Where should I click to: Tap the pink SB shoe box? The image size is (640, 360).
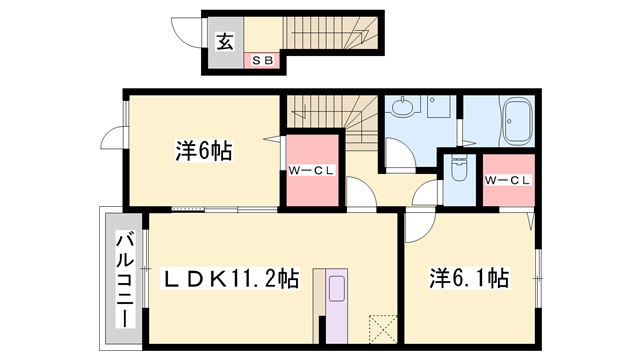point(263,62)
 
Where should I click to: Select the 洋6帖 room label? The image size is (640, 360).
point(204,152)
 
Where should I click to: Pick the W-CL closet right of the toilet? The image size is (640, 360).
point(506,180)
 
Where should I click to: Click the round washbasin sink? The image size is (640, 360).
point(403,109)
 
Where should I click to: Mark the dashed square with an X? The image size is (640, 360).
point(383,328)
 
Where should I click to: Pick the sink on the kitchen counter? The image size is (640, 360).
point(335,292)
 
